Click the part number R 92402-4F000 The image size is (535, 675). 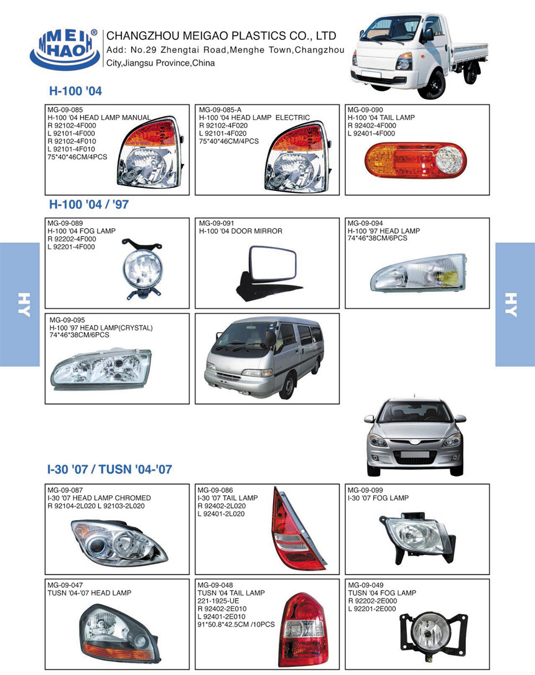[x=371, y=125]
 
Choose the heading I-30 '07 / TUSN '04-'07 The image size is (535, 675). [x=109, y=469]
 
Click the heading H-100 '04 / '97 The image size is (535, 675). [x=88, y=204]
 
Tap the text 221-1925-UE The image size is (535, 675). [x=218, y=600]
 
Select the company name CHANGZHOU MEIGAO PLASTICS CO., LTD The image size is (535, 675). [x=221, y=35]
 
